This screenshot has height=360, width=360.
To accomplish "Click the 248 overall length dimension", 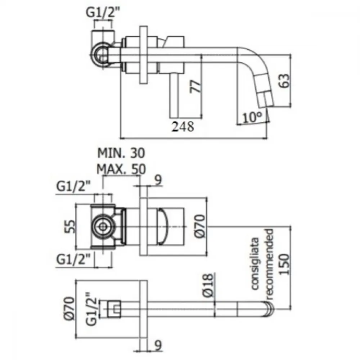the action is click(183, 126).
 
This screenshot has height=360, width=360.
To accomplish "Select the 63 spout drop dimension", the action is click(284, 81).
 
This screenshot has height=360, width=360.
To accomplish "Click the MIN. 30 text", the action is click(121, 153).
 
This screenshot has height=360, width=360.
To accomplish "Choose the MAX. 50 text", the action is click(121, 169).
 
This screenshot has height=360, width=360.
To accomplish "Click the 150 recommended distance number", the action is click(284, 264).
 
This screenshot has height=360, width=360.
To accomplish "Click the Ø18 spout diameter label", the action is click(208, 285).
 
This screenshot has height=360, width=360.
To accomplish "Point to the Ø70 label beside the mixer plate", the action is click(200, 226).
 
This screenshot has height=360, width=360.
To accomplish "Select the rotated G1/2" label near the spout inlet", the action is click(91, 309).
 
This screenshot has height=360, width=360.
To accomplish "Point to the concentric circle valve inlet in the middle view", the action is click(103, 226).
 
